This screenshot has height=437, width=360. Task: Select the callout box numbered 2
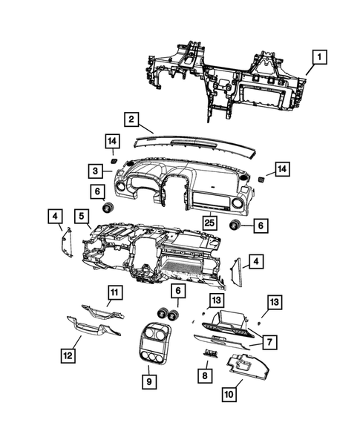tap(130, 119)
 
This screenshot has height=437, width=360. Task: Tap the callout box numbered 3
tap(97, 171)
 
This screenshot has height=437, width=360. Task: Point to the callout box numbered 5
tap(79, 217)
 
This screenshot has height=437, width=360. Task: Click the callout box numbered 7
tap(269, 342)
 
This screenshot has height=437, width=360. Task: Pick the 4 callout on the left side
tap(56, 217)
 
